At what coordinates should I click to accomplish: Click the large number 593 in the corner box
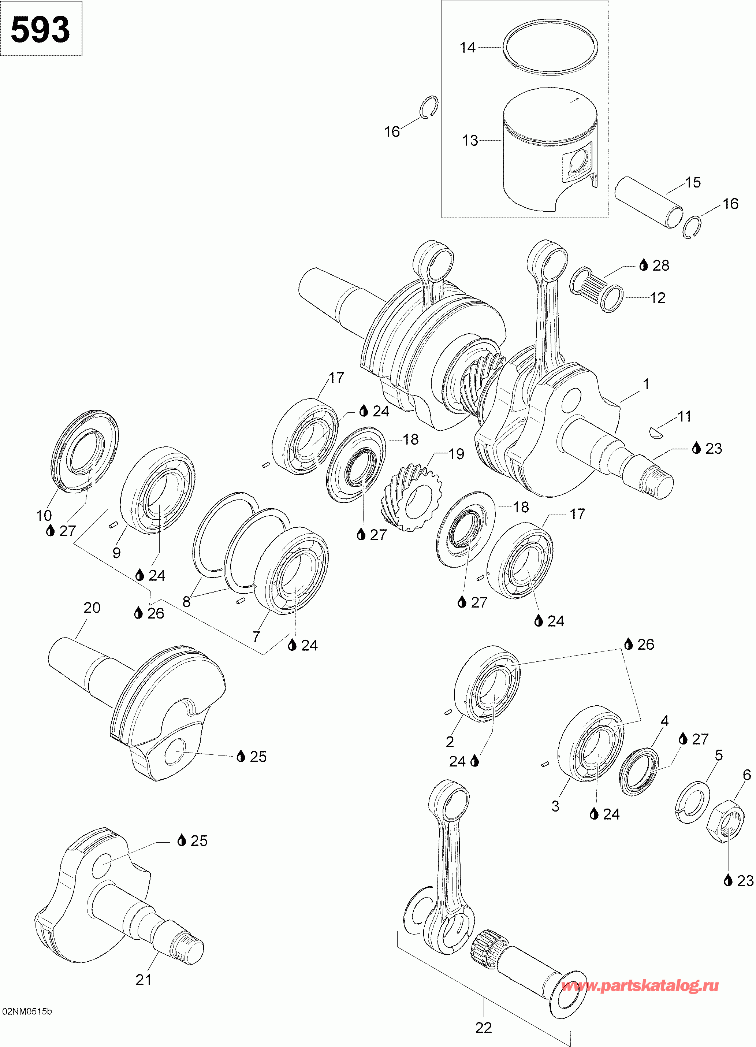(40, 30)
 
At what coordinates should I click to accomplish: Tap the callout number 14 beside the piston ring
(468, 47)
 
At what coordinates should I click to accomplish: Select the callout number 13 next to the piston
(470, 140)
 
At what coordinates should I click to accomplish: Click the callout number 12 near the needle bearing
(658, 298)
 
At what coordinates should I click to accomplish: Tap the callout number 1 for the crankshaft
(646, 384)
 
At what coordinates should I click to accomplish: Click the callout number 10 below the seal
(44, 516)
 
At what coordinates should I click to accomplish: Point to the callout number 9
(116, 553)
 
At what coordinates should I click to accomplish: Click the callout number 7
(256, 636)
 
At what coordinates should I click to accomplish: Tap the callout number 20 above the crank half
(92, 608)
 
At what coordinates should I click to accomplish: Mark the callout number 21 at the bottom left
(144, 980)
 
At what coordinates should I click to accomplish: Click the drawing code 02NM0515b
(27, 1011)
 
